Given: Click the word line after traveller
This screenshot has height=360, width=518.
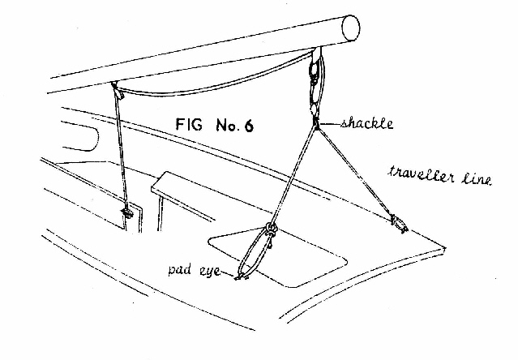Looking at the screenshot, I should [476, 179].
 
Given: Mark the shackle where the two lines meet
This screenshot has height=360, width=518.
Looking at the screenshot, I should [315, 122].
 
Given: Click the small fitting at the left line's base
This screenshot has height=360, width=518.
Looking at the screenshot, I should [126, 215].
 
